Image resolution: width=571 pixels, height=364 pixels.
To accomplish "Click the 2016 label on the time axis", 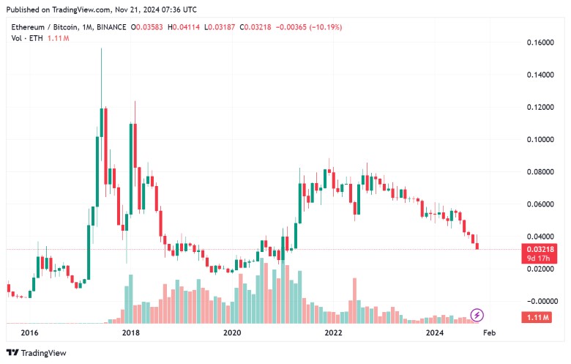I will pyautogui.click(x=29, y=333).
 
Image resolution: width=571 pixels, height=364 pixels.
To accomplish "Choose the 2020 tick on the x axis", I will pyautogui.click(x=232, y=333).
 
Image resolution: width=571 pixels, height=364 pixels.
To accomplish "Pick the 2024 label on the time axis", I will pyautogui.click(x=435, y=333).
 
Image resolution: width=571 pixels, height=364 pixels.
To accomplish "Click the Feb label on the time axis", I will pyautogui.click(x=490, y=333).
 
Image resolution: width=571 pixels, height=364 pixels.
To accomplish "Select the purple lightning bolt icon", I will pyautogui.click(x=477, y=315).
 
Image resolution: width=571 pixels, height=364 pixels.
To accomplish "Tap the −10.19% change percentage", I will pyautogui.click(x=324, y=27).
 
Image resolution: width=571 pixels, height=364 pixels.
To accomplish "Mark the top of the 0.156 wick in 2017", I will pyautogui.click(x=101, y=49).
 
